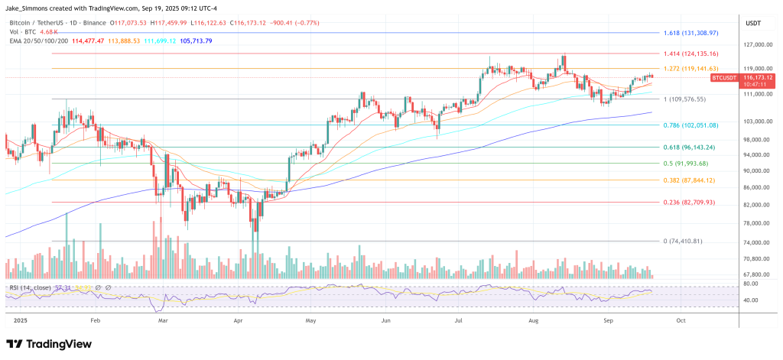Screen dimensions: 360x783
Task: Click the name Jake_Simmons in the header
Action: click(31, 7)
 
